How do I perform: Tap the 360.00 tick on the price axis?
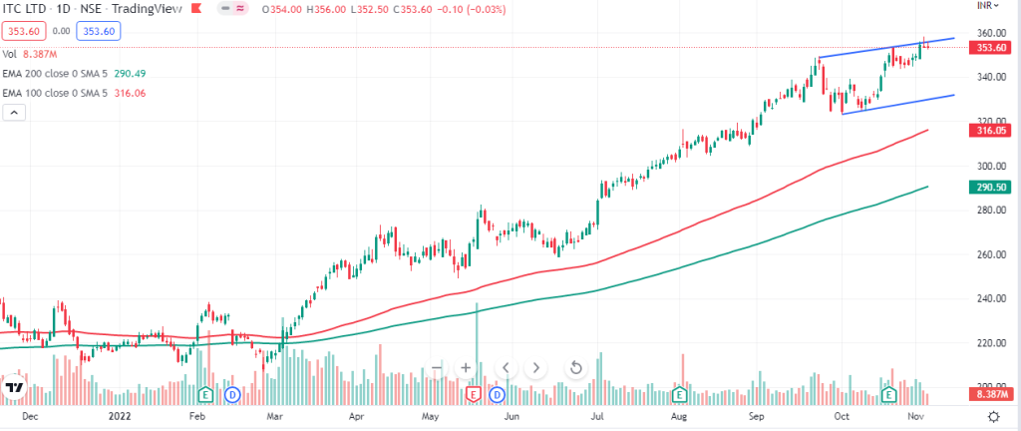pos(989,33)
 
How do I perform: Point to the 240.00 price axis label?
pos(989,298)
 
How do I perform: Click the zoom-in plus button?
pos(465,368)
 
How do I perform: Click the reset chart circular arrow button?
pos(576,368)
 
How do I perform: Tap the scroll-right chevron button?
pos(537,368)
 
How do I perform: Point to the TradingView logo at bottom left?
pos(14,387)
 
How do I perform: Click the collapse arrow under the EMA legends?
pos(14,113)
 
